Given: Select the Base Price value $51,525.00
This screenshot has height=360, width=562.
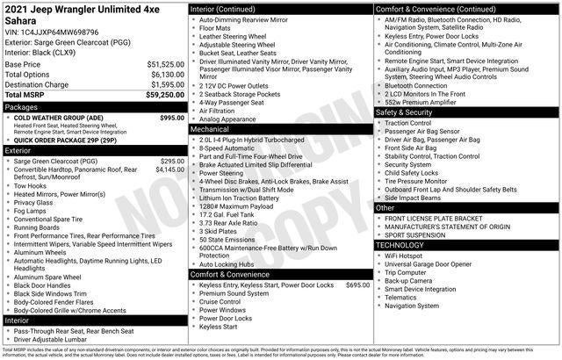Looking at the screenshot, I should tap(165, 65).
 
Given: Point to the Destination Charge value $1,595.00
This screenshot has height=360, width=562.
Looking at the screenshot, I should tap(165, 85).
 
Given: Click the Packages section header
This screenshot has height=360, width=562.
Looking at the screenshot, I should tap(22, 106).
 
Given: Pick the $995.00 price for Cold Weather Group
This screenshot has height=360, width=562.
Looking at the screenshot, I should tap(172, 118).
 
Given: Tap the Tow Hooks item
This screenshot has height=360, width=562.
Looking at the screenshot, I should tap(31, 185).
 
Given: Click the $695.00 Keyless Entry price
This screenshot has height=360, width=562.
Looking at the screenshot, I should tap(357, 285).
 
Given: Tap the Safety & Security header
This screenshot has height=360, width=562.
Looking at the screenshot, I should tap(404, 112).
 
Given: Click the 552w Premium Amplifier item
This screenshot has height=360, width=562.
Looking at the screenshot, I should tap(422, 102).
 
